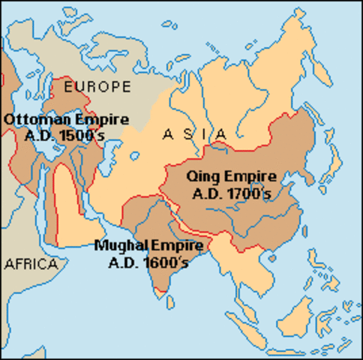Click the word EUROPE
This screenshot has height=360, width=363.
pos(98,86)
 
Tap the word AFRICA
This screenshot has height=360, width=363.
pos(31,263)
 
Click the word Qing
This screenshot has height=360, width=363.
pos(199,178)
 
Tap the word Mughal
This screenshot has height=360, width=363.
pos(121,245)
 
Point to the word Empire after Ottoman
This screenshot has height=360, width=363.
pos(97,119)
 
